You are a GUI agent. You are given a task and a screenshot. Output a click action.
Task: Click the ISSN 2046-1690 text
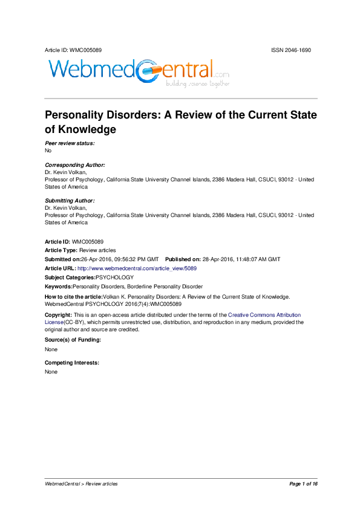tap(291, 50)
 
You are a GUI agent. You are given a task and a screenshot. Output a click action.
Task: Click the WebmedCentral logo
tap(139, 72)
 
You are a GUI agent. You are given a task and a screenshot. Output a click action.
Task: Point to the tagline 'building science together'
tap(198, 84)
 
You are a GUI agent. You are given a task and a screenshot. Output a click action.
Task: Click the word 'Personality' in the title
tap(84, 115)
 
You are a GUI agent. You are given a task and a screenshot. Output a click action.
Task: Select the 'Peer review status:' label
tap(70, 143)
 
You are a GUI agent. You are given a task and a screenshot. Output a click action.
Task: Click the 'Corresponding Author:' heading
tap(75, 165)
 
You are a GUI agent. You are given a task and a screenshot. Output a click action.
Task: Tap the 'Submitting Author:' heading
tap(70, 200)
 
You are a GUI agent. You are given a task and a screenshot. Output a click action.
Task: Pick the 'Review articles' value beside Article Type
tap(97, 250)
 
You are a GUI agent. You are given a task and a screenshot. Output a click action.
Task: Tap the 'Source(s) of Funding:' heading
tap(73, 340)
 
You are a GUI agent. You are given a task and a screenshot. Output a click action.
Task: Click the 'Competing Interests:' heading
tap(72, 363)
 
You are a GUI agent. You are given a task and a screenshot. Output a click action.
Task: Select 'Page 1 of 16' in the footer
tap(303, 484)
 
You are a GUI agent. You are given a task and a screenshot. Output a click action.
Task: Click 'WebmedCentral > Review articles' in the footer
tap(82, 484)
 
